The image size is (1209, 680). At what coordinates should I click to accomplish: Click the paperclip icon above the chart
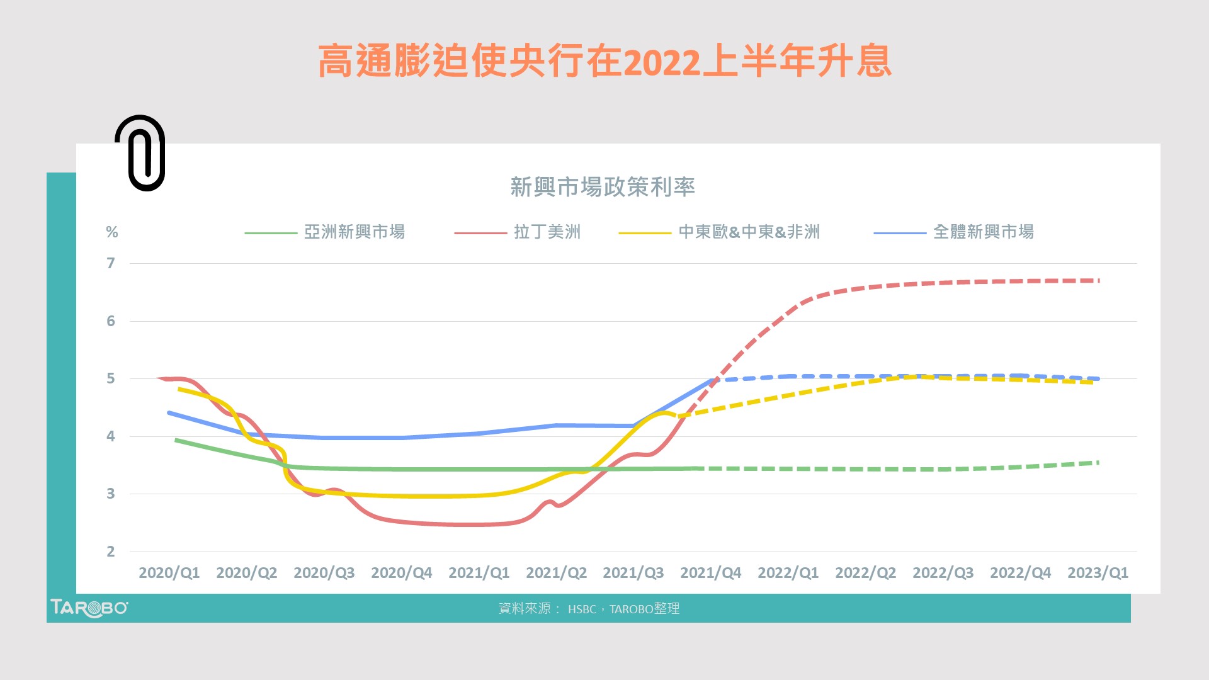(x=140, y=153)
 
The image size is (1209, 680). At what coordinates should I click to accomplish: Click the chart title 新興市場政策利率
(x=602, y=187)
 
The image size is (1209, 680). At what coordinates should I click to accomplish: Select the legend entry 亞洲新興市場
(x=354, y=232)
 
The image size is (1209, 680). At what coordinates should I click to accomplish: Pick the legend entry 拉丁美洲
(x=547, y=232)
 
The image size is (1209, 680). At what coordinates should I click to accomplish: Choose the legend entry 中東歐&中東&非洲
(x=749, y=232)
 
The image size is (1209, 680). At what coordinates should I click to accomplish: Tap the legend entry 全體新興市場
(x=983, y=232)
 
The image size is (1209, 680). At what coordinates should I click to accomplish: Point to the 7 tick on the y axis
(x=111, y=263)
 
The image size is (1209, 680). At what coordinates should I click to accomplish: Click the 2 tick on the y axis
(x=111, y=552)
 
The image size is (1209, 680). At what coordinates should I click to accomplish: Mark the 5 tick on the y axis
(x=111, y=378)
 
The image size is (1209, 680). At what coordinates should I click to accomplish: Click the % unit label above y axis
(x=112, y=232)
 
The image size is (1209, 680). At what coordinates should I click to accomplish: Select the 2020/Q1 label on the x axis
(x=169, y=573)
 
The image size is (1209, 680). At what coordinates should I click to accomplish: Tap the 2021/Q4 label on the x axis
(x=710, y=573)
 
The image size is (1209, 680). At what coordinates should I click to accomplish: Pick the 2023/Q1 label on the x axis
(x=1098, y=573)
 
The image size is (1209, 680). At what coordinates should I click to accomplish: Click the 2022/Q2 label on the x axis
(x=865, y=573)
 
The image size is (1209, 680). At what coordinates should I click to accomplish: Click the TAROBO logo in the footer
(x=89, y=608)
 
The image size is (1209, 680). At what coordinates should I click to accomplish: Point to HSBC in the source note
(x=582, y=609)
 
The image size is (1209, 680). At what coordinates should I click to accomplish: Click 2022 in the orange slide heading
(x=661, y=62)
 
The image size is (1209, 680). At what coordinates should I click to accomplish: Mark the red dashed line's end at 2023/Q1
(x=1098, y=280)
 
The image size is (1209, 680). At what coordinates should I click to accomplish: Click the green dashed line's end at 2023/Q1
(x=1098, y=463)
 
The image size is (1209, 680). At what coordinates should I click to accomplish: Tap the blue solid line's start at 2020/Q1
(x=169, y=413)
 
